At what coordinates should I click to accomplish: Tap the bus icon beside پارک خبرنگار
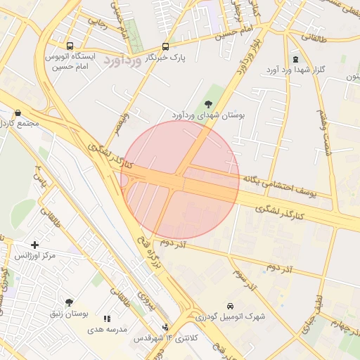(x=165, y=46)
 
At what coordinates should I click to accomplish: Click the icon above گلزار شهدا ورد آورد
(x=295, y=60)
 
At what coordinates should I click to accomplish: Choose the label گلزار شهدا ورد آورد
(x=294, y=72)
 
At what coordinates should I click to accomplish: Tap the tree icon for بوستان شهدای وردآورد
(x=207, y=104)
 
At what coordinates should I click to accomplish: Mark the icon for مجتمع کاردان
(x=18, y=112)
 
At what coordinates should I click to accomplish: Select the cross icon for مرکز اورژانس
(x=34, y=244)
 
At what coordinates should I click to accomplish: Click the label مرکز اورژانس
(x=34, y=255)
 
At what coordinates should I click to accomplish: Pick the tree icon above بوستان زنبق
(x=68, y=302)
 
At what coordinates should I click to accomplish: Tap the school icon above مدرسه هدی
(x=107, y=319)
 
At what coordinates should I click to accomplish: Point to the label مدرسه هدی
(x=107, y=329)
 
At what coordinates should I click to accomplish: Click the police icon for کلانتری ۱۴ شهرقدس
(x=165, y=327)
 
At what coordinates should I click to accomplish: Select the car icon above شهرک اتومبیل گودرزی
(x=231, y=306)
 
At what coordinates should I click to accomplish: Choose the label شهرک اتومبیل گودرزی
(x=231, y=317)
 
